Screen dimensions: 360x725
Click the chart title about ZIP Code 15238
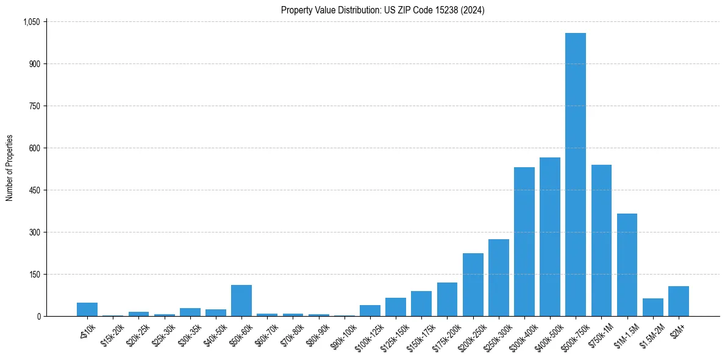point(382,10)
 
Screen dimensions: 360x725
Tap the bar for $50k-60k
point(241,300)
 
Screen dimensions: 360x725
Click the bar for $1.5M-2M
point(652,307)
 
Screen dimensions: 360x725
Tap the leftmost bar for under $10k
point(87,309)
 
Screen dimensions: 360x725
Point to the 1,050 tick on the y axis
point(31,22)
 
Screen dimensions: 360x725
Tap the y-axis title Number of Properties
point(10,168)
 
